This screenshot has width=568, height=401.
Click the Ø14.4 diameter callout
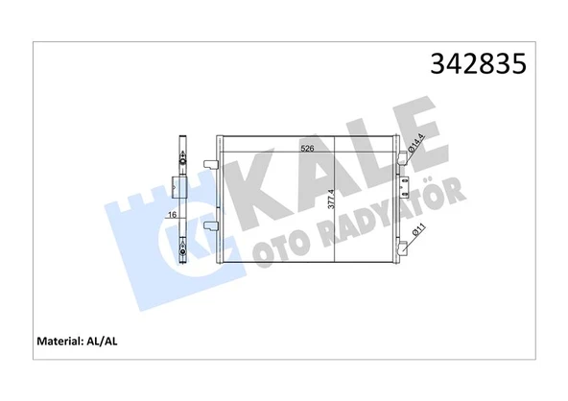point(415,145)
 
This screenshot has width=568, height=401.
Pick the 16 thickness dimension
point(170,216)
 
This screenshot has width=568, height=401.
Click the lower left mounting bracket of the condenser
point(213,227)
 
